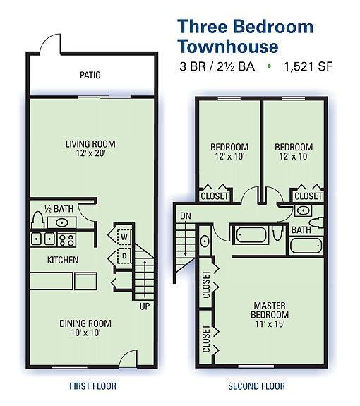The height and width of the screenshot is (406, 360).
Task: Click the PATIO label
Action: click(90, 75)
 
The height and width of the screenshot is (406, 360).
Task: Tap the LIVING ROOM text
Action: click(90, 144)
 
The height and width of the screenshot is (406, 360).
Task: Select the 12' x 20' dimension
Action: click(90, 154)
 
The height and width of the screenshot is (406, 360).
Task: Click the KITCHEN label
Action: click(62, 260)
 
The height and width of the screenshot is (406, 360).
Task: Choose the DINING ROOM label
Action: click(85, 323)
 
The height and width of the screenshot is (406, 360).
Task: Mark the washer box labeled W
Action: click(123, 237)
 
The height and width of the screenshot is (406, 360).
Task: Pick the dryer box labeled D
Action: click(123, 256)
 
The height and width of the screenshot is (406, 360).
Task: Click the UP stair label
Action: click(145, 306)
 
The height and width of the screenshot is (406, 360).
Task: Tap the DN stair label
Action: click(185, 215)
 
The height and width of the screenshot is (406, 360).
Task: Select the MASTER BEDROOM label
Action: click(270, 310)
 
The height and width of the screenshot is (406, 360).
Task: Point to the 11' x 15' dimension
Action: click(270, 324)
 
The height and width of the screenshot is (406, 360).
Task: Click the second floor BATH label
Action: click(301, 229)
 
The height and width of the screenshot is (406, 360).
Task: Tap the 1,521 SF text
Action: click(308, 68)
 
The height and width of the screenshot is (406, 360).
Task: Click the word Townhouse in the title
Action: click(226, 47)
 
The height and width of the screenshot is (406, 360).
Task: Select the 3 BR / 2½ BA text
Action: click(217, 68)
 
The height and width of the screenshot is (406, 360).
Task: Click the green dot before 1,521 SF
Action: click(268, 68)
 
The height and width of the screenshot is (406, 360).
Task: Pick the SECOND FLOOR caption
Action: click(256, 386)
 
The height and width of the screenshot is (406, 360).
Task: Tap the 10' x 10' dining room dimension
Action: click(85, 333)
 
